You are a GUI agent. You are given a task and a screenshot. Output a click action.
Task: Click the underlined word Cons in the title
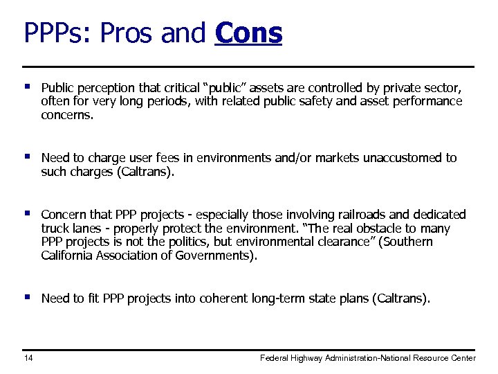pos(248,33)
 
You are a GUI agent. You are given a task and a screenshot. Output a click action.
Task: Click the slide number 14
pos(28,358)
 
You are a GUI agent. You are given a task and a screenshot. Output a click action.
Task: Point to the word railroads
pos(358,215)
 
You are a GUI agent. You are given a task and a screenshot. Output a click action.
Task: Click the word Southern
pos(408,242)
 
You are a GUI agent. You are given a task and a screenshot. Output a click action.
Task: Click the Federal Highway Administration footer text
pos(367,358)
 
